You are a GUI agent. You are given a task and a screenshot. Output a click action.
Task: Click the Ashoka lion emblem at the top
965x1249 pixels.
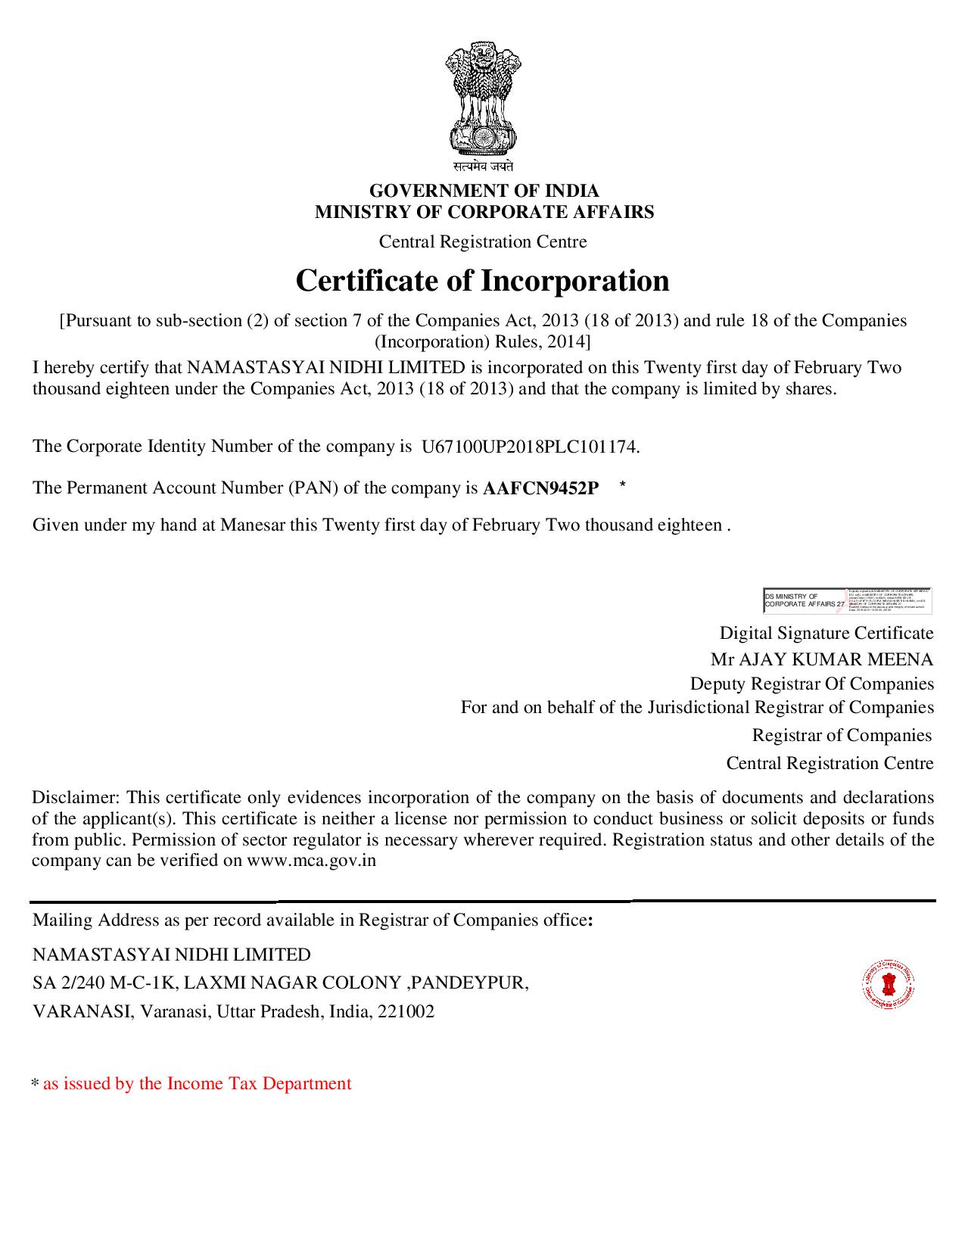pos(482,98)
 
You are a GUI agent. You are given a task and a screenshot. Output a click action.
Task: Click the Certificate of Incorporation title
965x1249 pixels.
pos(482,281)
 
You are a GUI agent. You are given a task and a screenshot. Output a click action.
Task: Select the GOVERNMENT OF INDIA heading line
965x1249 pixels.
pos(484,191)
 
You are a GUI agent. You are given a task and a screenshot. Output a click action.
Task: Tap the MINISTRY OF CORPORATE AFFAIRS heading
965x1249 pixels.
pos(484,212)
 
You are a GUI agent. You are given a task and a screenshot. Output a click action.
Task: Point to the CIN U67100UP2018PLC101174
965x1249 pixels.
pos(530,447)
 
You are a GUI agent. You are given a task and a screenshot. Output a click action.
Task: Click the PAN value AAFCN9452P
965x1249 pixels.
pos(540,489)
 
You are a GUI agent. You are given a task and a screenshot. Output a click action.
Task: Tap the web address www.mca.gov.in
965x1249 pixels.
pos(312,861)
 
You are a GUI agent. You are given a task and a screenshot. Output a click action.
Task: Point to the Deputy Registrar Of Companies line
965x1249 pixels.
pos(811,684)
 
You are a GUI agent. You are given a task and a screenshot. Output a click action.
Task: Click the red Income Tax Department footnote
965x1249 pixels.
pos(197,1084)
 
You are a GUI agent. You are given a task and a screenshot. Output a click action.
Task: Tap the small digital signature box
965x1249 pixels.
pos(848,600)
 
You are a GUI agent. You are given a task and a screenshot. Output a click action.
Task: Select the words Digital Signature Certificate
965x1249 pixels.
pos(826,633)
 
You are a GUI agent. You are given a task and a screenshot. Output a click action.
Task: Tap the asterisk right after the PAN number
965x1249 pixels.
pos(622,484)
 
